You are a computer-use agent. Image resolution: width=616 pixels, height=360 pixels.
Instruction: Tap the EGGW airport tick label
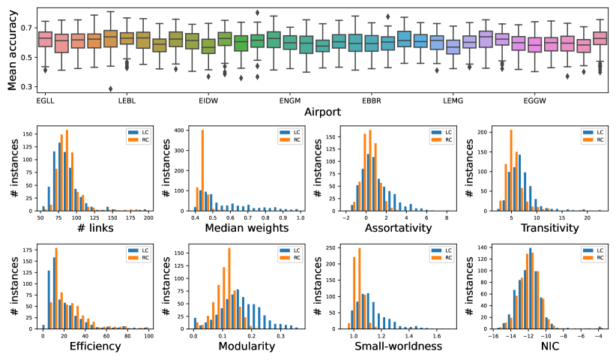click(535, 100)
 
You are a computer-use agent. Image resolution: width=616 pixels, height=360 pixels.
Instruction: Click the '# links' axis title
click(95, 227)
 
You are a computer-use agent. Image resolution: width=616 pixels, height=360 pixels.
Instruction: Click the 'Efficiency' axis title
click(95, 346)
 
